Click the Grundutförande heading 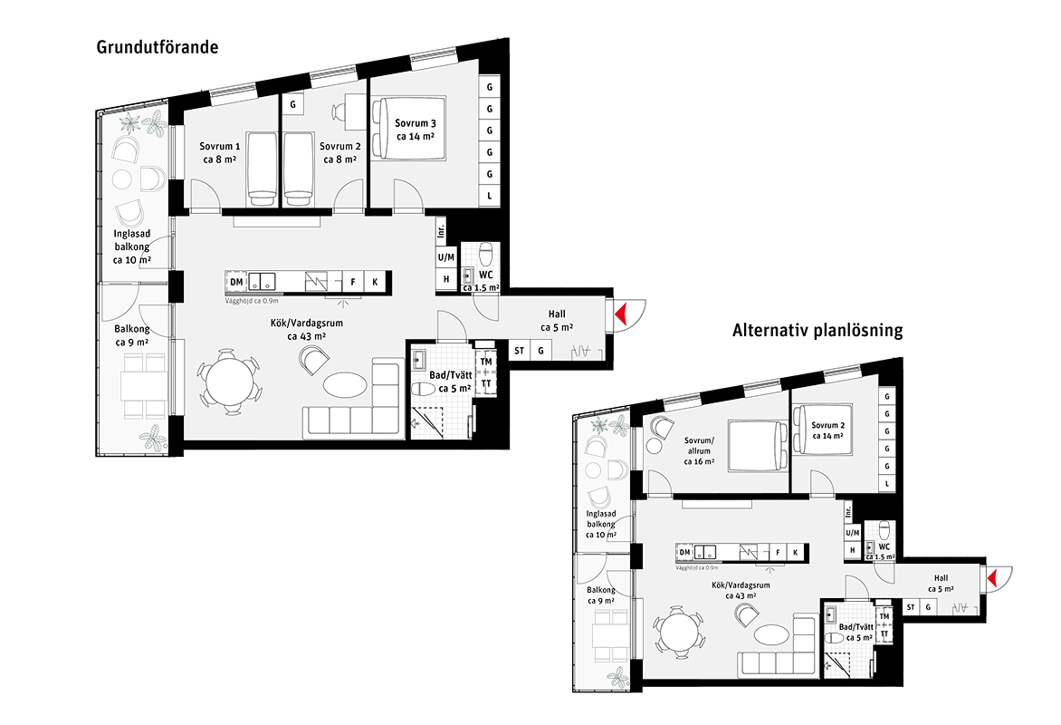tap(157, 47)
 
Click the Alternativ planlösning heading tap(817, 331)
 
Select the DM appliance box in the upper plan tap(236, 282)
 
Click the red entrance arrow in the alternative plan tap(993, 579)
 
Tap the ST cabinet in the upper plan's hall tap(519, 351)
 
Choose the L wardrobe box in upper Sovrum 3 tap(489, 197)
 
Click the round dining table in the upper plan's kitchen tap(228, 384)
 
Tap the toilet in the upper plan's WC tap(485, 255)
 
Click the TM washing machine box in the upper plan tap(486, 362)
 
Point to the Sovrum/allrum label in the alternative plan tap(699, 450)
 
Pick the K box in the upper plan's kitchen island tap(374, 282)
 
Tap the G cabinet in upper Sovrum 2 tap(293, 105)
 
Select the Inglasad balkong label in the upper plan tap(132, 246)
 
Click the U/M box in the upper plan tap(446, 257)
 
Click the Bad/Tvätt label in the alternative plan tap(856, 633)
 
